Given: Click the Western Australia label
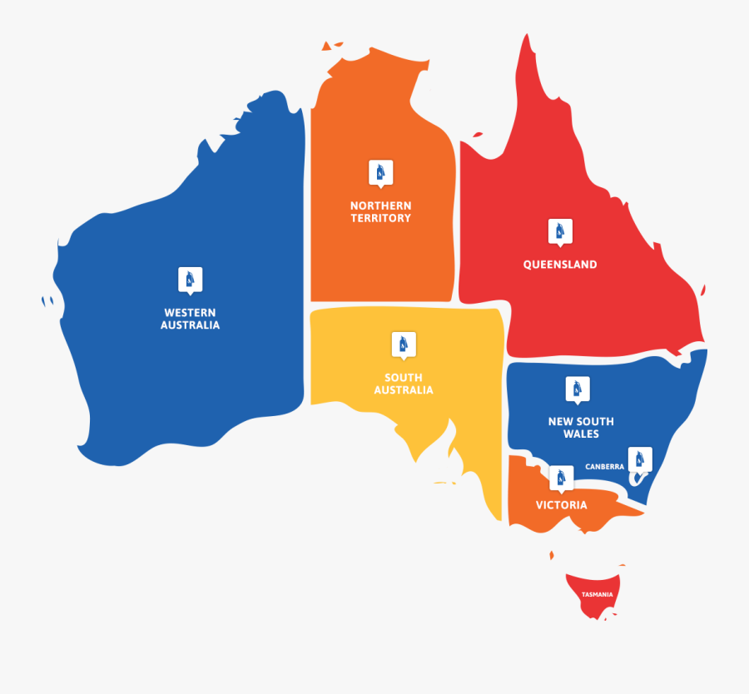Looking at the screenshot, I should [x=190, y=319].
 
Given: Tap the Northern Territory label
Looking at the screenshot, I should [x=380, y=211].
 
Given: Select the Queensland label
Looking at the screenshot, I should [x=560, y=265].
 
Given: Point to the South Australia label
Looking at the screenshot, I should [x=404, y=384].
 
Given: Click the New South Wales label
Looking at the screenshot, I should [x=581, y=427].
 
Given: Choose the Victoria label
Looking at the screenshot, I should [x=561, y=505].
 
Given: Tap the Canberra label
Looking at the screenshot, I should [x=604, y=467].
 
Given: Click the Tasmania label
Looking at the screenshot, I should [x=598, y=594].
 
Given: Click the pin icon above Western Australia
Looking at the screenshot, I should [x=190, y=280].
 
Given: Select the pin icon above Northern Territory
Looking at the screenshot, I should [x=380, y=173].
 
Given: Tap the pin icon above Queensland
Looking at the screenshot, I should [x=560, y=231].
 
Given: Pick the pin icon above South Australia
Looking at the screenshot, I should [x=404, y=344].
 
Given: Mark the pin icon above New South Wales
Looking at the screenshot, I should [x=577, y=389].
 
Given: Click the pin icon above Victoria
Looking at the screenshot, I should [x=561, y=477].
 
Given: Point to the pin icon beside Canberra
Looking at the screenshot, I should [x=639, y=459].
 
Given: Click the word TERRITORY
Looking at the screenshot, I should [x=380, y=218].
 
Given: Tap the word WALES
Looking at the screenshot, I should [x=581, y=434].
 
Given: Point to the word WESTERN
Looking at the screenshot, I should [x=190, y=313].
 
